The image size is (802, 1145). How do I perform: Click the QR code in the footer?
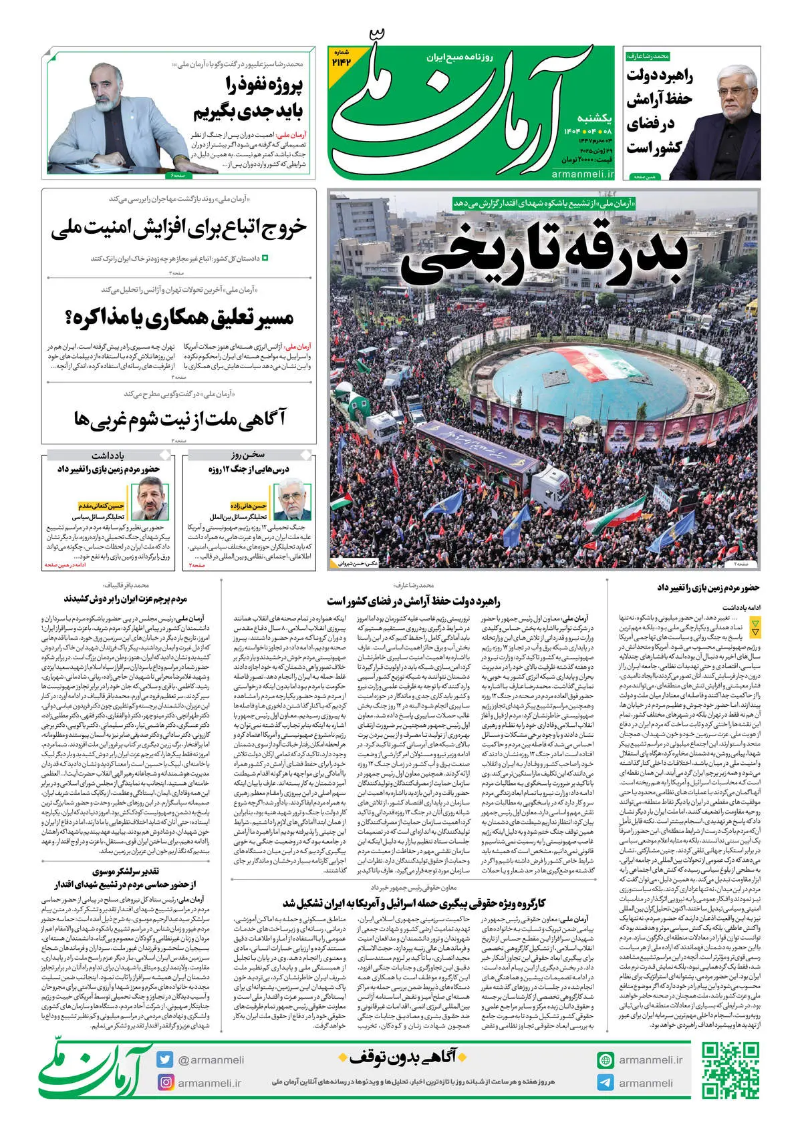coord(730,1070)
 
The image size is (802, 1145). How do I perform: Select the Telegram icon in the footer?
coord(606,1083)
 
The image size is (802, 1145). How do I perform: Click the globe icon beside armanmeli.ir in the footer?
coord(606,1060)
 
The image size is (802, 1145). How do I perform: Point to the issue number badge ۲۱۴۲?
coord(340,59)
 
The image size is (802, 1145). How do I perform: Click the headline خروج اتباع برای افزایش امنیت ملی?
coord(178,228)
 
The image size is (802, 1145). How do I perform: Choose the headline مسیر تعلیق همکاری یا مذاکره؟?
coord(179,317)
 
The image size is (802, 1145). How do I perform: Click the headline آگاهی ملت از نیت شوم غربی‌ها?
coord(179,419)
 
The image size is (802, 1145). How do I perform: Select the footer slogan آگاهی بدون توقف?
coord(403,1057)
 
